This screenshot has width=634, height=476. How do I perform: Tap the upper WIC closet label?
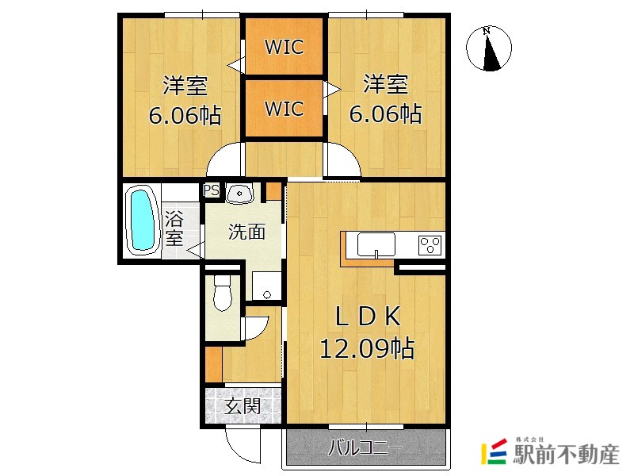pyautogui.click(x=284, y=47)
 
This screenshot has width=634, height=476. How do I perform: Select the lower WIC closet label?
pyautogui.click(x=284, y=108)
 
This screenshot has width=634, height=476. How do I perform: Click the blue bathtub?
pyautogui.click(x=143, y=218)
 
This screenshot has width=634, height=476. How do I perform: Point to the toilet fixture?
pyautogui.click(x=221, y=294)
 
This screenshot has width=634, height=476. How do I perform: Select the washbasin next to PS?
pyautogui.click(x=239, y=193)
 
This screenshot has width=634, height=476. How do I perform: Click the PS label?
pyautogui.click(x=211, y=190)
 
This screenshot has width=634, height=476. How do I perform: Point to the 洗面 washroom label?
pyautogui.click(x=246, y=232)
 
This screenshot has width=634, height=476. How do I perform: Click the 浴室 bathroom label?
pyautogui.click(x=174, y=226)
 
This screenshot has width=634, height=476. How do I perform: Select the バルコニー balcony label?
pyautogui.click(x=365, y=450)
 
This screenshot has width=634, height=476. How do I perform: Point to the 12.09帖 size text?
pyautogui.click(x=366, y=348)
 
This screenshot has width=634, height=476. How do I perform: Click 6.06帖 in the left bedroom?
pyautogui.click(x=185, y=115)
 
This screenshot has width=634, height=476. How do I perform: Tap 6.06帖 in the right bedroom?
pyautogui.click(x=385, y=115)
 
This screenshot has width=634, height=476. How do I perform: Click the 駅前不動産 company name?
pyautogui.click(x=566, y=455)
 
